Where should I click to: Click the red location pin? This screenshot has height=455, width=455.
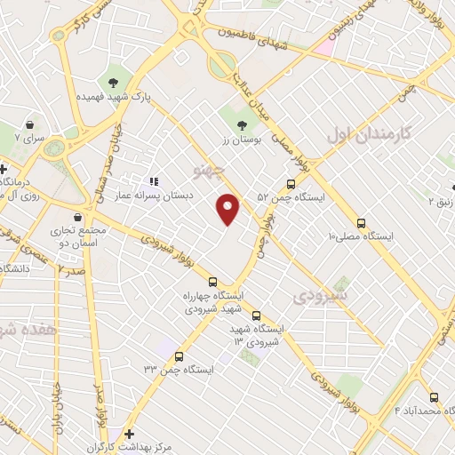click(228, 209)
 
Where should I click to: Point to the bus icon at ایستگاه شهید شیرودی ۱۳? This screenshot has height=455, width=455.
click(256, 315)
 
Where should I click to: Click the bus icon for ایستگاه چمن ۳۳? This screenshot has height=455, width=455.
click(178, 355)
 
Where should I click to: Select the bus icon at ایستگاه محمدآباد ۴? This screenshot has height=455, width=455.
click(434, 397)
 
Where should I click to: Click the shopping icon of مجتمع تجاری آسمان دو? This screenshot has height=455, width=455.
click(78, 217)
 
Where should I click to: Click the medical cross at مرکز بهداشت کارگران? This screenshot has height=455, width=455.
click(130, 434)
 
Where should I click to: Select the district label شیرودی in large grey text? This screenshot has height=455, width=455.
click(323, 292)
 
